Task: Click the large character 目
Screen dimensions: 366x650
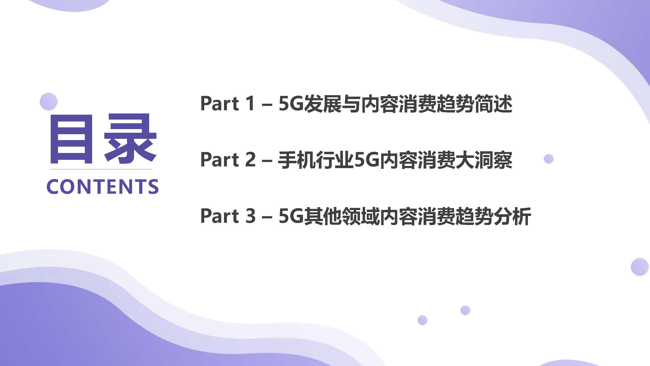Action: pos(71,139)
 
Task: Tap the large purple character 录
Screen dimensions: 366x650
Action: pos(130,138)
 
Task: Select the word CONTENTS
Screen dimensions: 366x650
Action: pos(102,187)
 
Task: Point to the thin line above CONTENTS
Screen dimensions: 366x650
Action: pos(101,169)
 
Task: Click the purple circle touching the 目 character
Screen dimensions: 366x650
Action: pos(49,102)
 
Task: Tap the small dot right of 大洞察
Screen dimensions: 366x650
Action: pos(549,159)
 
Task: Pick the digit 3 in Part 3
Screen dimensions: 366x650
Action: pos(250,216)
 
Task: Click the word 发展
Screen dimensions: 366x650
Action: pos(323,103)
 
